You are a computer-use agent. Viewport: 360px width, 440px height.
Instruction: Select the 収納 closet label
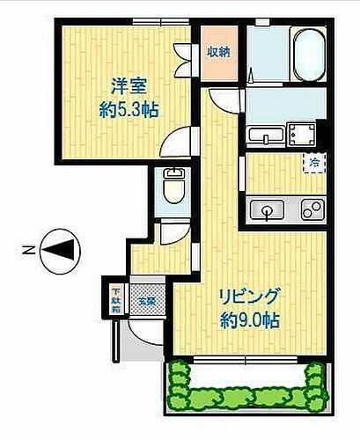tap(218, 52)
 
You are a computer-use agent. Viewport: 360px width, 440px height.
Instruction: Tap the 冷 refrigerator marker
tap(314, 162)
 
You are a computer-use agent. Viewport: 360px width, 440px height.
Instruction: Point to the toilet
tap(173, 186)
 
